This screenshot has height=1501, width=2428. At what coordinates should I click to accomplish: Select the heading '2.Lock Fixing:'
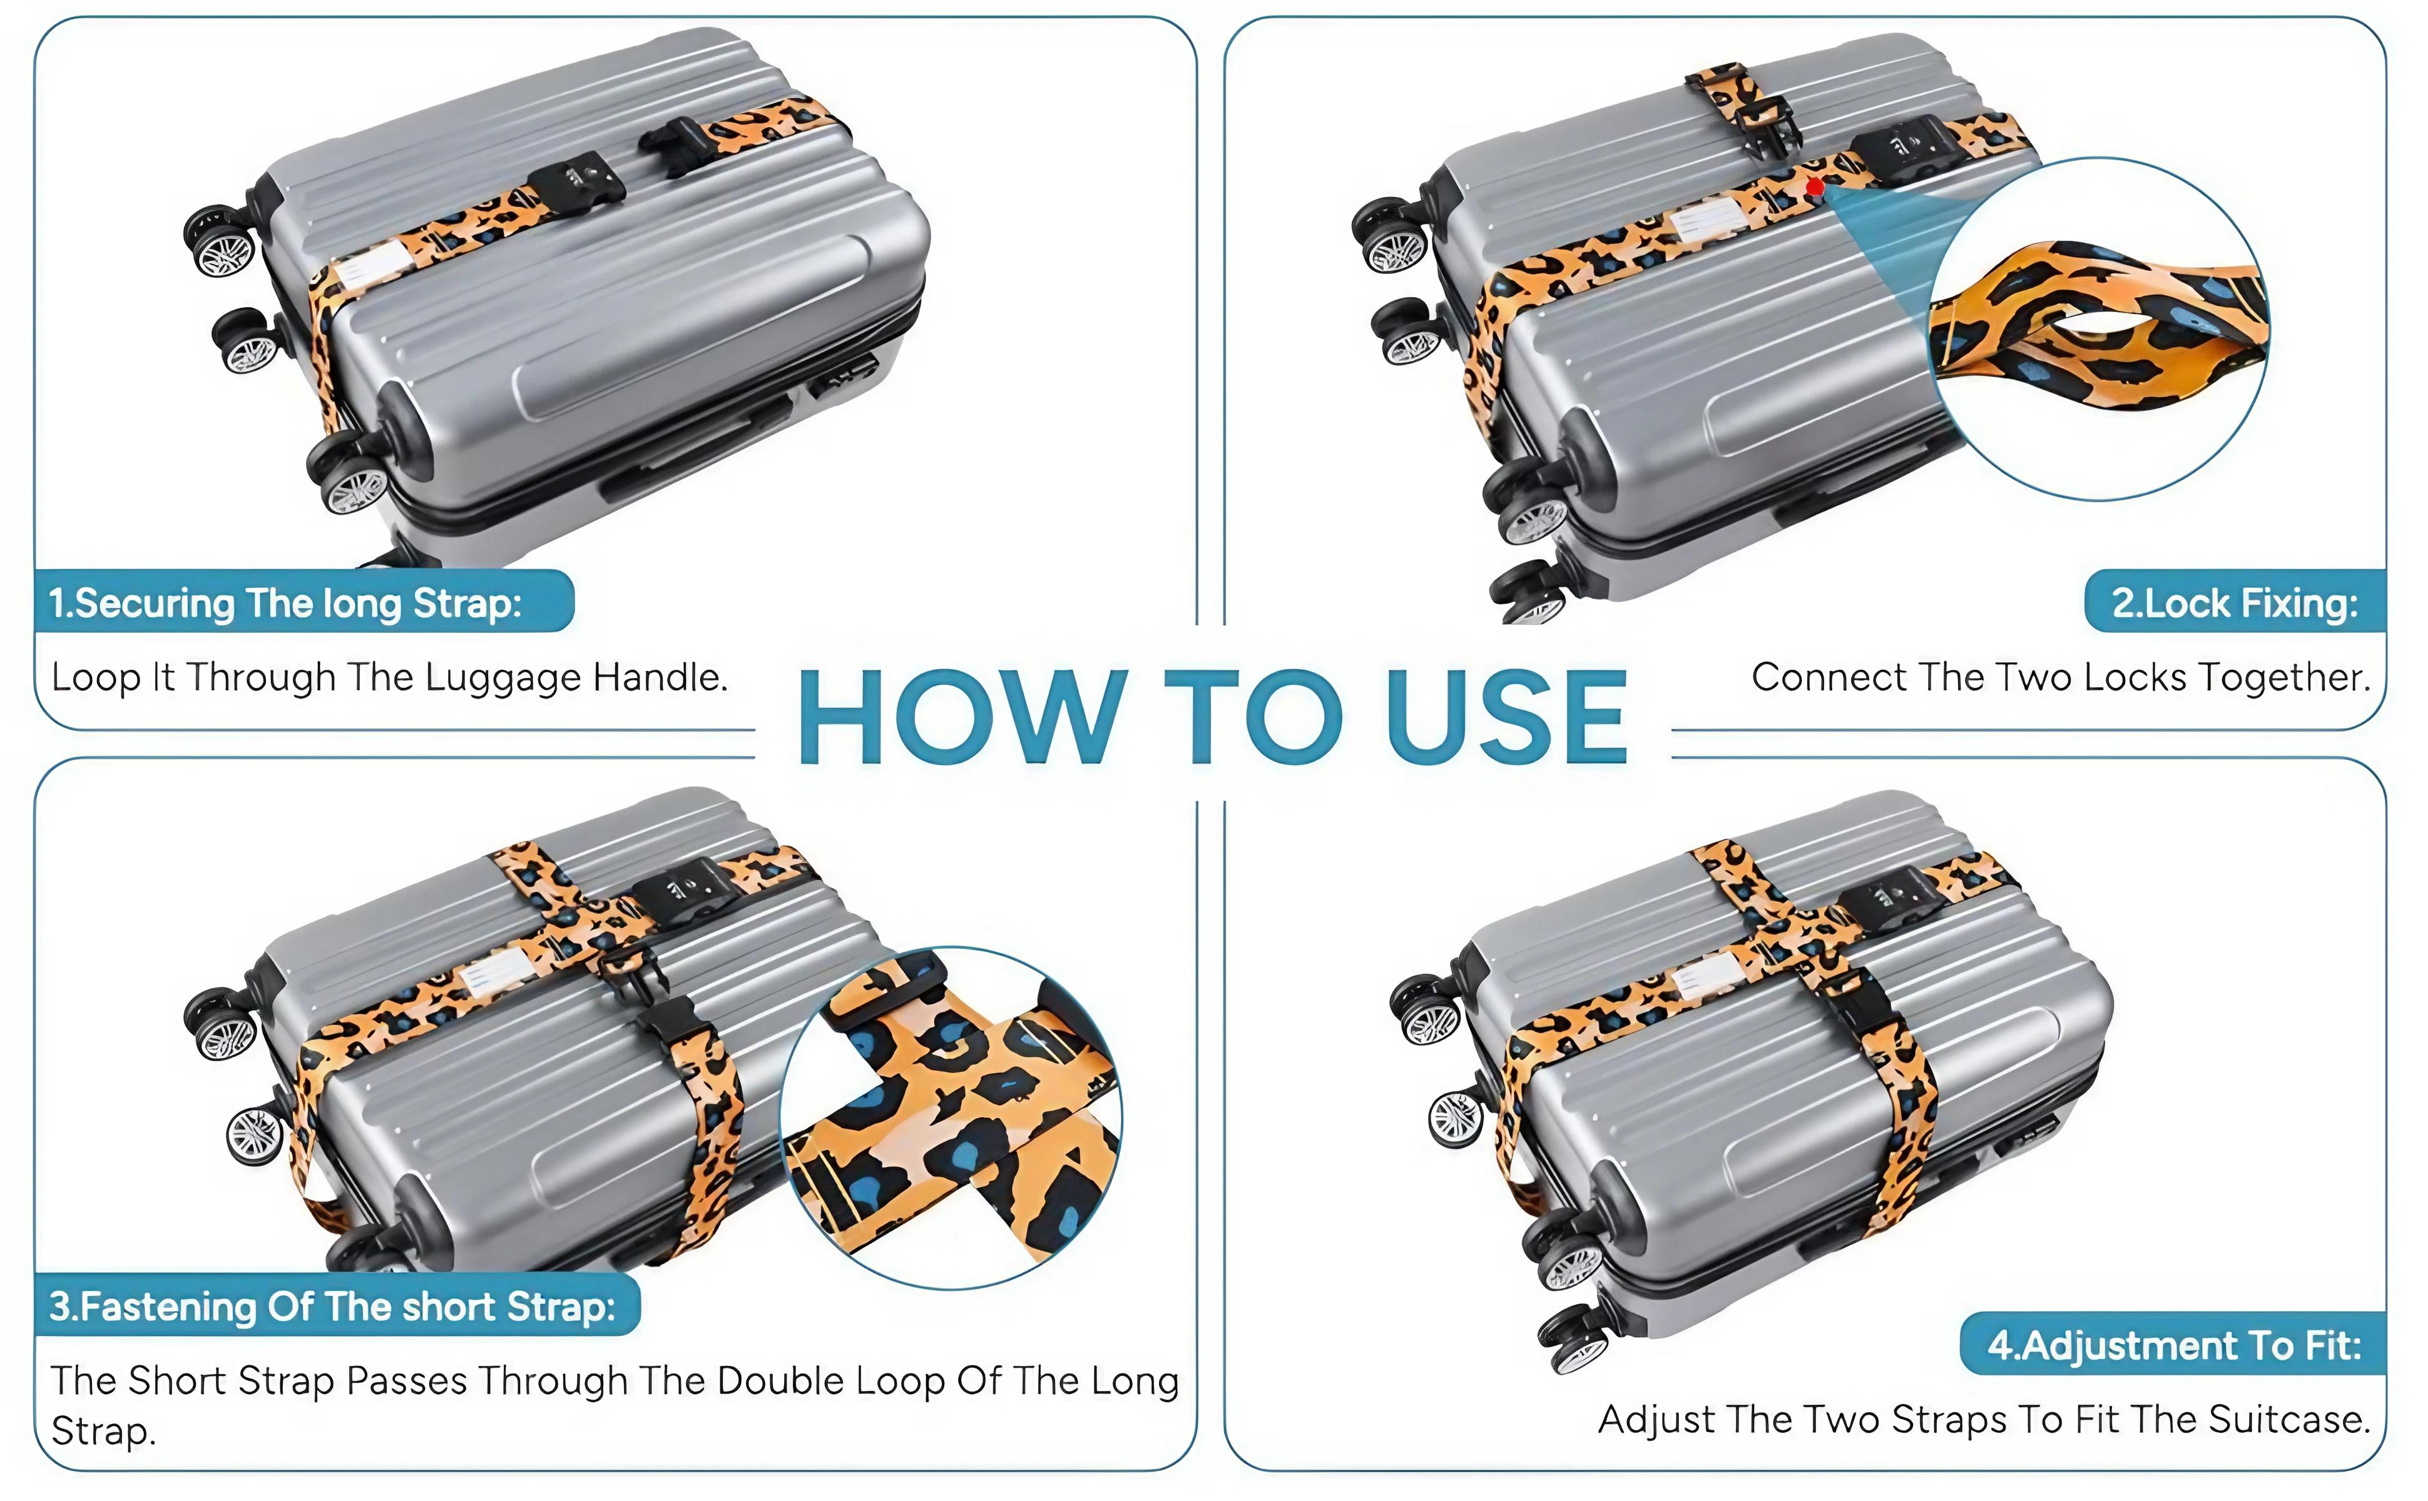(2235, 602)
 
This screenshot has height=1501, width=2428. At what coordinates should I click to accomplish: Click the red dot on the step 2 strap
(1815, 186)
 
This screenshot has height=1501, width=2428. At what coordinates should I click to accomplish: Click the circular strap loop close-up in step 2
(2098, 328)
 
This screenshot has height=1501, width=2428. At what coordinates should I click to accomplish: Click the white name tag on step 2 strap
(1710, 220)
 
